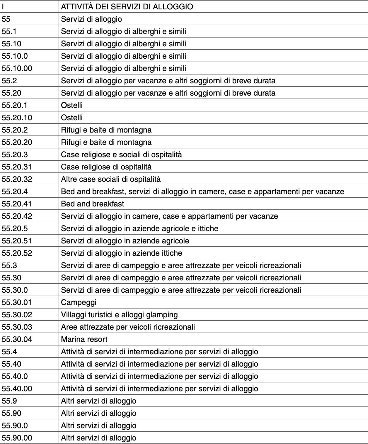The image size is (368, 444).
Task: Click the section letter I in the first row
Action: tap(3, 6)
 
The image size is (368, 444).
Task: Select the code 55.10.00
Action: tap(17, 68)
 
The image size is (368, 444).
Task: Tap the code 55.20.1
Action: tap(15, 105)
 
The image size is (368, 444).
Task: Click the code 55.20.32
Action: tap(17, 179)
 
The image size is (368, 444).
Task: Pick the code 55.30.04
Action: tap(17, 339)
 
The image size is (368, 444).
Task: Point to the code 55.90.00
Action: tap(17, 438)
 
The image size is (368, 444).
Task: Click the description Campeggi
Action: tap(79, 302)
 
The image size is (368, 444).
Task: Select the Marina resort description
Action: tap(84, 339)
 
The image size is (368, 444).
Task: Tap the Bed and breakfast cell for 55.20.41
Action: tap(92, 204)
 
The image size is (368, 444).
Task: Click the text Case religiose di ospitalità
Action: tap(106, 167)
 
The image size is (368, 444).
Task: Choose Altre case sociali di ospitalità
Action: tap(111, 179)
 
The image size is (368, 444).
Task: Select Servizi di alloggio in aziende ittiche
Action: tap(121, 253)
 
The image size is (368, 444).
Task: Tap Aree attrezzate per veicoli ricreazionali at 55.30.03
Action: tap(128, 327)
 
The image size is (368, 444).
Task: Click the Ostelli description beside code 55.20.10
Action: tap(72, 118)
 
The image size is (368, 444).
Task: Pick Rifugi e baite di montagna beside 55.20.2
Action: tap(106, 130)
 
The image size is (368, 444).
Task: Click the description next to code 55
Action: tap(91, 19)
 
